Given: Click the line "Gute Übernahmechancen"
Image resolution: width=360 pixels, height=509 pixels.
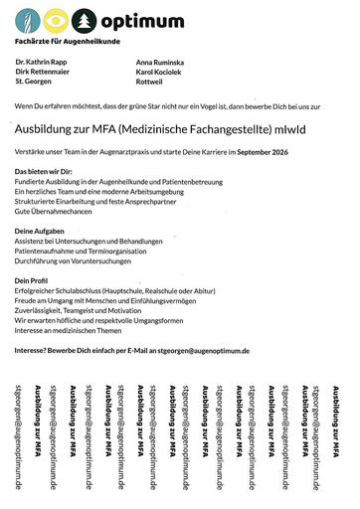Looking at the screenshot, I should pyautogui.click(x=56, y=213).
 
